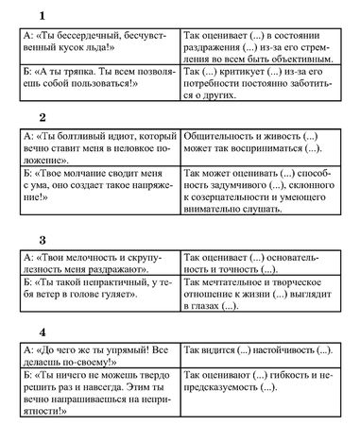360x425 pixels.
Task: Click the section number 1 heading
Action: (42, 15)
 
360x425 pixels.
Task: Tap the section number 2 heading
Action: (42, 118)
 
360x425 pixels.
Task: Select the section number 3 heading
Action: (42, 239)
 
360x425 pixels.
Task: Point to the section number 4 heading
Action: (42, 331)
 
